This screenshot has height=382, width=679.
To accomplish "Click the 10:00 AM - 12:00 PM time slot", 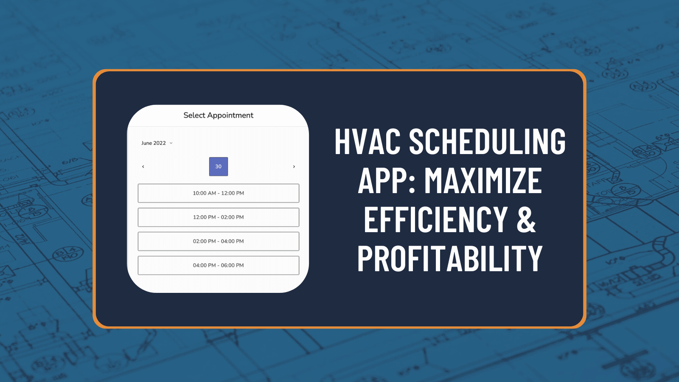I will [x=218, y=193].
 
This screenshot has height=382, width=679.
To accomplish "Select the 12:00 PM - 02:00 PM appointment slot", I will [x=218, y=217].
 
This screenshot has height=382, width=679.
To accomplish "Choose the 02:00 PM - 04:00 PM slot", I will [x=218, y=241].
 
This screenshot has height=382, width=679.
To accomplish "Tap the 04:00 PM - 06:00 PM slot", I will [x=218, y=265].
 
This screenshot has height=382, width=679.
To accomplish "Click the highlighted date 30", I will [x=219, y=166].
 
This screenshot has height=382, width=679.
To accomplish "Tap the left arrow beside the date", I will [x=143, y=166].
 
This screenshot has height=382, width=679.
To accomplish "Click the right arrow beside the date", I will [x=294, y=166].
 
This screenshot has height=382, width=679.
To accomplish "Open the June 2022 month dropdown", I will [x=157, y=143].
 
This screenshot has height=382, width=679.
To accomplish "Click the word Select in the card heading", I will [x=194, y=115].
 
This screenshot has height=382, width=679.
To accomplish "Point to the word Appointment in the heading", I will [x=230, y=115].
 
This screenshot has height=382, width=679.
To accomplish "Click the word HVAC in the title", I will [x=368, y=141].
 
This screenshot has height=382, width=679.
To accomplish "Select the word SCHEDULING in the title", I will [x=487, y=141].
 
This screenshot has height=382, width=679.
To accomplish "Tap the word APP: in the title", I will [x=387, y=180].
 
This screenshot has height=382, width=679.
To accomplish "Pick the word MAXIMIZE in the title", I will [x=483, y=180].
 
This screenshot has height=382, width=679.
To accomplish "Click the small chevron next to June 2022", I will [x=171, y=143].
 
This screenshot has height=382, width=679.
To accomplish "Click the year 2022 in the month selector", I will [x=160, y=143].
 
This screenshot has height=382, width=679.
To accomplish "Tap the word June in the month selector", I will [x=146, y=143].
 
